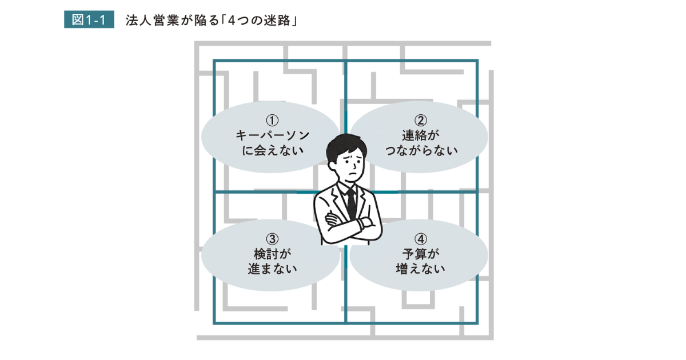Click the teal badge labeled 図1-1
(89, 19)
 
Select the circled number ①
(272, 121)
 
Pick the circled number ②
(421, 121)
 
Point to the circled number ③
(272, 239)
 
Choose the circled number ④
(421, 239)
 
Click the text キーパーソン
(273, 135)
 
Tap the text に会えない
(273, 150)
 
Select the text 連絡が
(421, 135)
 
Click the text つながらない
(421, 150)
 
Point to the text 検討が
(272, 254)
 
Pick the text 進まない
(272, 269)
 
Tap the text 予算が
(421, 254)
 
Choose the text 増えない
(421, 269)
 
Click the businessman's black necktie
(351, 203)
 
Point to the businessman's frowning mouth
(353, 176)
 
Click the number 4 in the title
(232, 21)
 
